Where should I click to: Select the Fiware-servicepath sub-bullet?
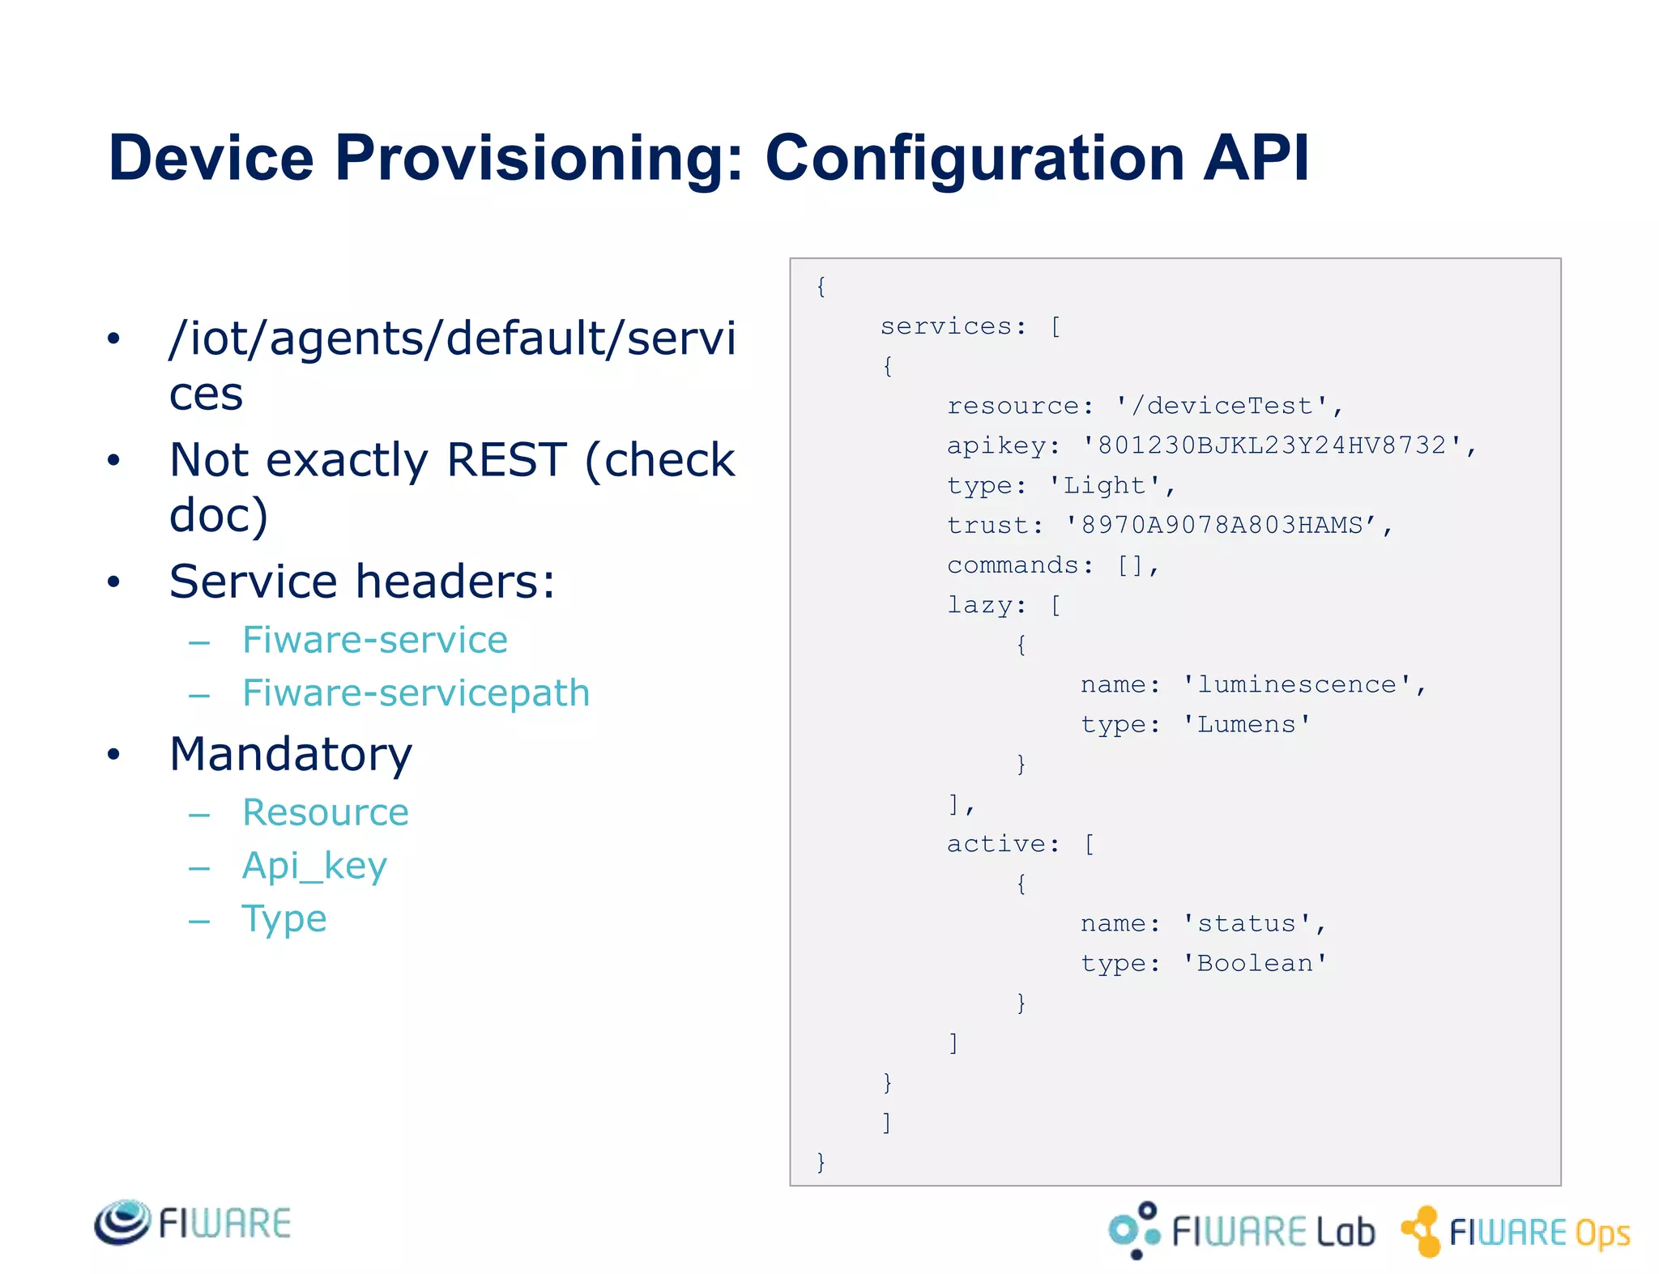(416, 693)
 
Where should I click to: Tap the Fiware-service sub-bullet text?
(375, 640)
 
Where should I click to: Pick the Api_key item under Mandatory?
(314, 866)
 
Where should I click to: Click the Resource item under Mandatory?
(326, 812)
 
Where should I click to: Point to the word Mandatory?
(291, 754)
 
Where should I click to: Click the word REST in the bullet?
(506, 460)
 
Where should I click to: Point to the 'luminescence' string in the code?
(1297, 684)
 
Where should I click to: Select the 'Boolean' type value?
(1254, 963)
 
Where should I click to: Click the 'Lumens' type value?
(1246, 724)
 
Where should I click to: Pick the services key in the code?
(946, 326)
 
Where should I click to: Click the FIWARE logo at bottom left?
(193, 1222)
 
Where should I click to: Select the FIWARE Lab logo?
(1241, 1230)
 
